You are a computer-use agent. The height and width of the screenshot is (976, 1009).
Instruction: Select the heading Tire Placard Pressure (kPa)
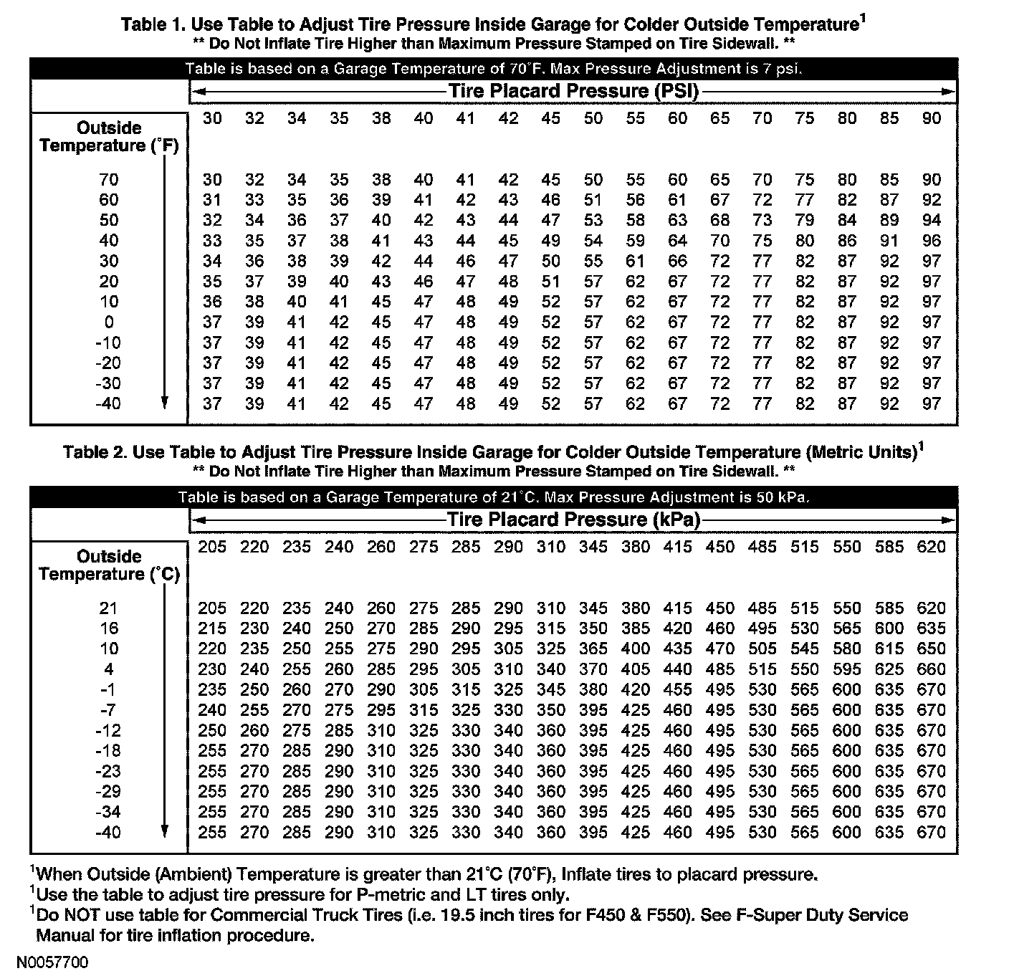pos(573,520)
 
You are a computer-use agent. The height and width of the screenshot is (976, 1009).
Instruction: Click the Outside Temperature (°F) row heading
pos(109,137)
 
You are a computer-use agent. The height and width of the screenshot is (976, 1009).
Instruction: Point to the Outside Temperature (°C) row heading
pos(109,565)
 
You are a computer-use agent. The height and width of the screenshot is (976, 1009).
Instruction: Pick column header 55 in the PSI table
pos(635,118)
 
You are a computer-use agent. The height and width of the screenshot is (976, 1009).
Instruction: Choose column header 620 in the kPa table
pos(931,547)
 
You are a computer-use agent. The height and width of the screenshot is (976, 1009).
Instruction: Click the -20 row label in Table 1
pos(108,363)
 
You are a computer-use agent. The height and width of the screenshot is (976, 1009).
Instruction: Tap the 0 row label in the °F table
pos(109,322)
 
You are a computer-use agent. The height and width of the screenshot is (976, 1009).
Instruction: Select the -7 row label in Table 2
pos(108,710)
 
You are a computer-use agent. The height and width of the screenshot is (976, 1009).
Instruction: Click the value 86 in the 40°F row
pos(847,241)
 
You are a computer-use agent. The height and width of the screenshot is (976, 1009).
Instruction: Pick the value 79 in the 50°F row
pos(805,220)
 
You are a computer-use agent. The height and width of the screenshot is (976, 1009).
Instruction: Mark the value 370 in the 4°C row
pos(593,669)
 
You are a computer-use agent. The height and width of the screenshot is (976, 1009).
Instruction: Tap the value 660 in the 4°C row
pos(931,669)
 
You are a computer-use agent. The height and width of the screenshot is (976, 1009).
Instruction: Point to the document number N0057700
pos(54,962)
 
